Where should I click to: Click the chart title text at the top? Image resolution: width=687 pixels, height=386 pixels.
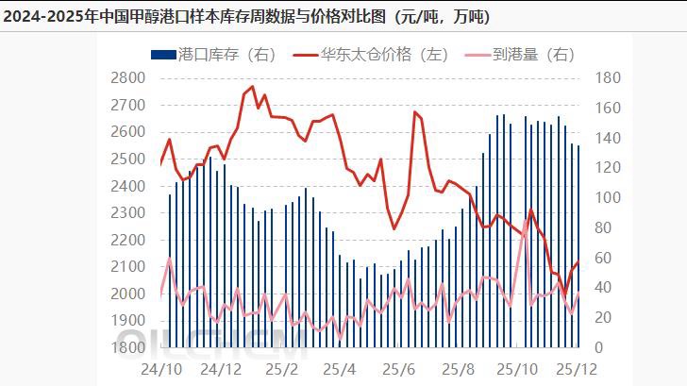pos(247,17)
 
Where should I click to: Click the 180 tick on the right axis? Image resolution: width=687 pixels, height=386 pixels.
pos(607,78)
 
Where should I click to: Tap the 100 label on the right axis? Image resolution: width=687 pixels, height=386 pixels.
pos(607,198)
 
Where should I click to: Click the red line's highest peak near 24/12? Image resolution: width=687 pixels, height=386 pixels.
pos(251,87)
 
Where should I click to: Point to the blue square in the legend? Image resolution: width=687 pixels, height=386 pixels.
pos(157,55)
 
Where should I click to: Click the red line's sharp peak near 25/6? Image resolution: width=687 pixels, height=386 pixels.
pos(415,111)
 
